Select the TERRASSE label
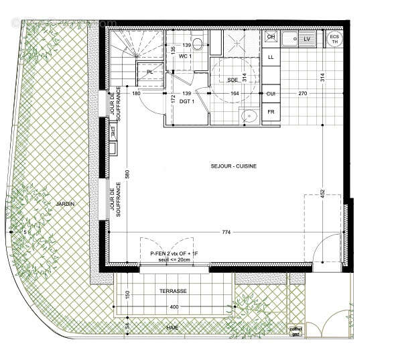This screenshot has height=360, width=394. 173,292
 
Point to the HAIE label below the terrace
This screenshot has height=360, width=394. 174,326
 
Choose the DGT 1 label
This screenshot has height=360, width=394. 187,101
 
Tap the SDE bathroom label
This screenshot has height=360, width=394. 233,80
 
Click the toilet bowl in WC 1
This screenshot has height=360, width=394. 199,44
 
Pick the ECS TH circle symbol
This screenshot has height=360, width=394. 334,38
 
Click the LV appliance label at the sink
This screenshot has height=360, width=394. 307,40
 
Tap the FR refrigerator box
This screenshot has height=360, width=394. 271,113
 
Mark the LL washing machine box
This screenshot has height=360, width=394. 271,58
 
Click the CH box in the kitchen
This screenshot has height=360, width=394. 271,38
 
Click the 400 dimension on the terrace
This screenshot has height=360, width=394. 173,307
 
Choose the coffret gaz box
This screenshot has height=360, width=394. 295,331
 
